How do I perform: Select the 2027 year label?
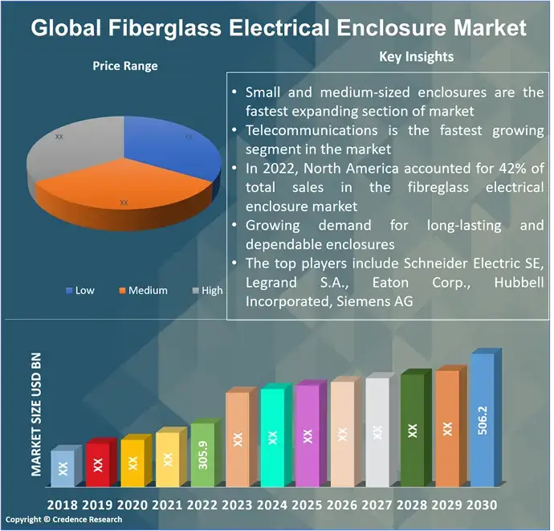[377, 504]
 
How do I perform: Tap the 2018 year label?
[63, 504]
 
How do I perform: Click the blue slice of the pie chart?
[177, 149]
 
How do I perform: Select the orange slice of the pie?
[120, 197]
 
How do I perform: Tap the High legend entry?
[206, 290]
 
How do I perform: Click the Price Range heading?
[124, 66]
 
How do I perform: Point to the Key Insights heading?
[416, 56]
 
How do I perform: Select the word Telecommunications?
[312, 130]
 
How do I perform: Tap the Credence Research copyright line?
[64, 520]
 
